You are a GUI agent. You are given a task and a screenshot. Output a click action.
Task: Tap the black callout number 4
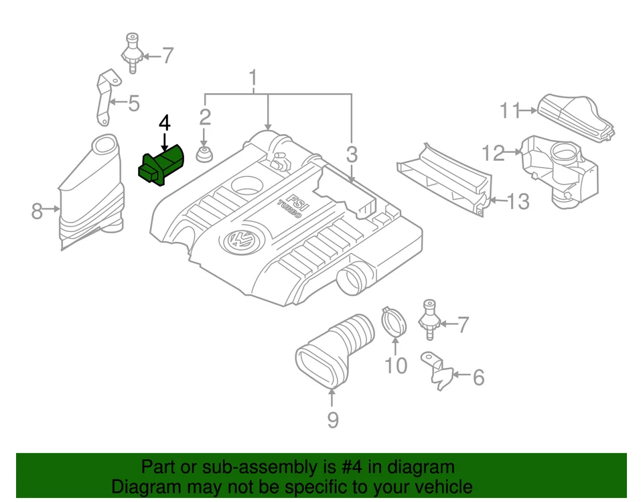[164, 123]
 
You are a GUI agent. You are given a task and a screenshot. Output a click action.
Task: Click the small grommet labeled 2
[204, 154]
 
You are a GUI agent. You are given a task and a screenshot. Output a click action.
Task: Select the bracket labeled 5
[104, 97]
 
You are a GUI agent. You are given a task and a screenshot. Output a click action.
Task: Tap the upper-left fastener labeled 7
[132, 53]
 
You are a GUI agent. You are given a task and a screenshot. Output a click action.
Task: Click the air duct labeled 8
[90, 194]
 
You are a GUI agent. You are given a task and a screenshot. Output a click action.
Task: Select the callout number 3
[352, 155]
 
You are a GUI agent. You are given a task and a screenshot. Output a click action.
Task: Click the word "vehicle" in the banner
[439, 487]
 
